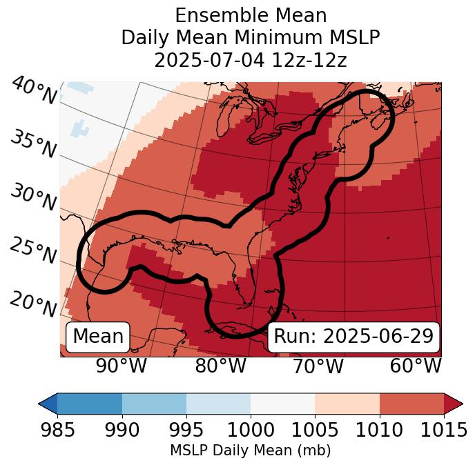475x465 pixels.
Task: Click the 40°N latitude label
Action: tap(34, 91)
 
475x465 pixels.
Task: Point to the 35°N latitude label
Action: tap(33, 144)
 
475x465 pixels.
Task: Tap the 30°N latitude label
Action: tap(33, 197)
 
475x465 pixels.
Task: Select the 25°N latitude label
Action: tap(33, 250)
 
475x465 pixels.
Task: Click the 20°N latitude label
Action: tap(33, 304)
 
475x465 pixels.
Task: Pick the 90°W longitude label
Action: tap(122, 366)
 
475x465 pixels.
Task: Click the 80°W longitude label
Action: tap(220, 366)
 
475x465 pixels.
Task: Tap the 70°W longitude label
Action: tap(318, 366)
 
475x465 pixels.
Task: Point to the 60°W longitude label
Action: tap(415, 366)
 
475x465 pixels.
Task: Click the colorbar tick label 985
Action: tap(57, 430)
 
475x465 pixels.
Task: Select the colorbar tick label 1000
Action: tap(251, 430)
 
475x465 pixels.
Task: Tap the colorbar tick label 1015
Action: tap(444, 430)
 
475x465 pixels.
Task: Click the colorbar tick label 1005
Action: tap(315, 430)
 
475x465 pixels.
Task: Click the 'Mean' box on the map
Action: tap(98, 337)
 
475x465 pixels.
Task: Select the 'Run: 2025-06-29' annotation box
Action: tap(353, 337)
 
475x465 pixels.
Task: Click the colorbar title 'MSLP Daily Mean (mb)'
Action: tap(250, 451)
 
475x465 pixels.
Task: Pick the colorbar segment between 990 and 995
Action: tap(154, 403)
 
